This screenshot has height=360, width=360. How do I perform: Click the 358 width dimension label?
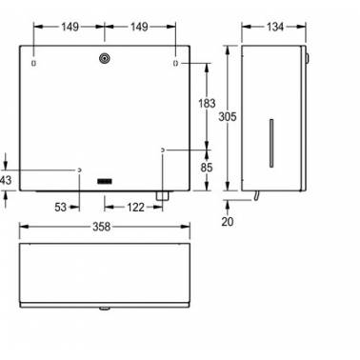click(x=101, y=227)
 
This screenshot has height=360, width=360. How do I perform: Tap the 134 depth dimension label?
click(x=275, y=27)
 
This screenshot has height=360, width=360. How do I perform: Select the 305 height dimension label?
click(x=228, y=117)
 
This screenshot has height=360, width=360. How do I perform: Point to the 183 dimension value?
click(x=207, y=104)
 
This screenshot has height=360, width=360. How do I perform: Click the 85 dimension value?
click(x=207, y=168)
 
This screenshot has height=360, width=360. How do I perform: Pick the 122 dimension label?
click(x=135, y=208)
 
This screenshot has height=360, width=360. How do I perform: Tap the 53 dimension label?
click(x=61, y=208)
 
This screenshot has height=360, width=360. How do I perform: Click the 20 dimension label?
click(x=228, y=221)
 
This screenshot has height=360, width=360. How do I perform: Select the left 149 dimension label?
click(x=70, y=27)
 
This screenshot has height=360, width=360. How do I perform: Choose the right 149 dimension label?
click(x=139, y=27)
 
